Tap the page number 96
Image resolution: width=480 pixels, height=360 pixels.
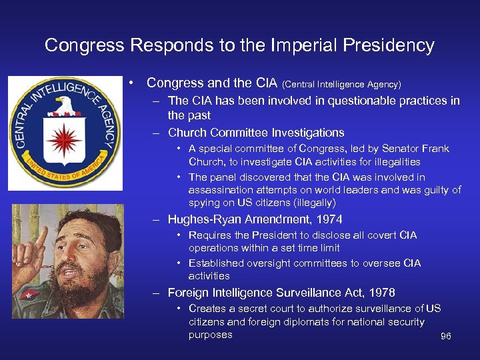[x=446, y=337]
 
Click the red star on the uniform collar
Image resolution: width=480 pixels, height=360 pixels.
[x=29, y=294]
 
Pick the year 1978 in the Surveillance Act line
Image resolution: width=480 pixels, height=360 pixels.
[x=381, y=293]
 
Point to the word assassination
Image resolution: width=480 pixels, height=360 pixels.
[x=219, y=190]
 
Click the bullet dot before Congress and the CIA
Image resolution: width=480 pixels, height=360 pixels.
[x=134, y=83]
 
